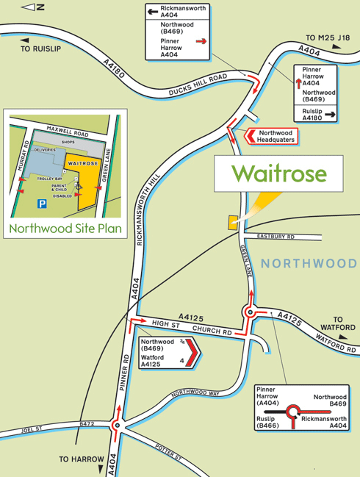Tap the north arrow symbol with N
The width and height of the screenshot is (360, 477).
33,7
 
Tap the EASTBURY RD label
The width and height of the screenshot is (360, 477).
276,237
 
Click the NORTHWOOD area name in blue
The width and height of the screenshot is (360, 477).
309,263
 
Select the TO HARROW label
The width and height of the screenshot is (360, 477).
82,459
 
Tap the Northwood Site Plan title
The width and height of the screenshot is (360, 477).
64,229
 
